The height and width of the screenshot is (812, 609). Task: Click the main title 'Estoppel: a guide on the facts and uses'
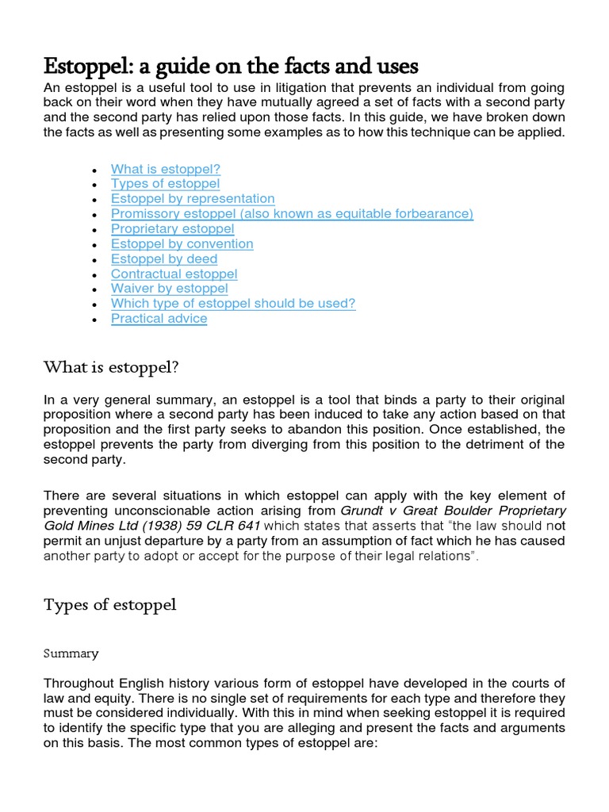231,65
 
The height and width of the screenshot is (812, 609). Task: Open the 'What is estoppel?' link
165,169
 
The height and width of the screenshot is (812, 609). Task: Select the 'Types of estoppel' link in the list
165,184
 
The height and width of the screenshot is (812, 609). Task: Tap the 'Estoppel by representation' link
193,199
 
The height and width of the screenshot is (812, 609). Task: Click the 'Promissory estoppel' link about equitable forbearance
292,214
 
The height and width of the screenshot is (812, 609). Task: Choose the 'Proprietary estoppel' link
172,229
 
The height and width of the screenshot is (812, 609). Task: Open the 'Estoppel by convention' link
182,244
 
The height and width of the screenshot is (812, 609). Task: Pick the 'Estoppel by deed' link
163,259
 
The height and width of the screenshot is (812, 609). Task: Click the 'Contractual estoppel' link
174,274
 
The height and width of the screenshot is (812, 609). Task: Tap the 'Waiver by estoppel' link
169,289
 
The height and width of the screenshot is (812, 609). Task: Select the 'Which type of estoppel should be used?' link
233,304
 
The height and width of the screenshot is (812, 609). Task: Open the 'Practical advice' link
159,319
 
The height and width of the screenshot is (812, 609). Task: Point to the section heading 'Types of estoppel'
109,605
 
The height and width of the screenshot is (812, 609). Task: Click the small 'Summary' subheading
71,653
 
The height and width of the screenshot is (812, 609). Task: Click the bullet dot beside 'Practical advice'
94,320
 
